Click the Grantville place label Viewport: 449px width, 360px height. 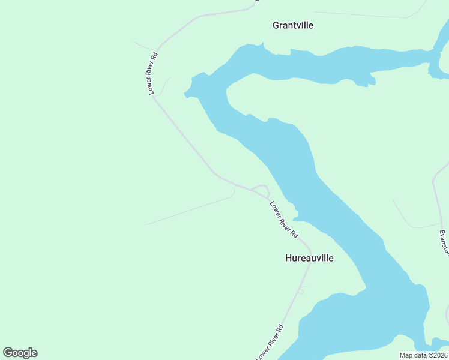click(x=293, y=25)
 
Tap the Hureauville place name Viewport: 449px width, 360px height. click(x=309, y=258)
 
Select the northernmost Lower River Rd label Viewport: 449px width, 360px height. click(x=153, y=74)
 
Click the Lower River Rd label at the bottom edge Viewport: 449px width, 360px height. click(x=270, y=343)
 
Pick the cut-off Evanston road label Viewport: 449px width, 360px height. click(x=444, y=242)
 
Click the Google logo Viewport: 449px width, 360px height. click(x=20, y=353)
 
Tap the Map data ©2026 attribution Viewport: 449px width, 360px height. click(x=423, y=355)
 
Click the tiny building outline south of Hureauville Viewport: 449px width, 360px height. click(x=301, y=291)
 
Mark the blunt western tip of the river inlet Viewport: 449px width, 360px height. click(x=187, y=94)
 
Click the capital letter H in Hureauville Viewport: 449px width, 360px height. click(x=288, y=258)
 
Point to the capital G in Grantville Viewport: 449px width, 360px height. click(x=276, y=25)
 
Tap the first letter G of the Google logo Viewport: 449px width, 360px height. click(x=8, y=353)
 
